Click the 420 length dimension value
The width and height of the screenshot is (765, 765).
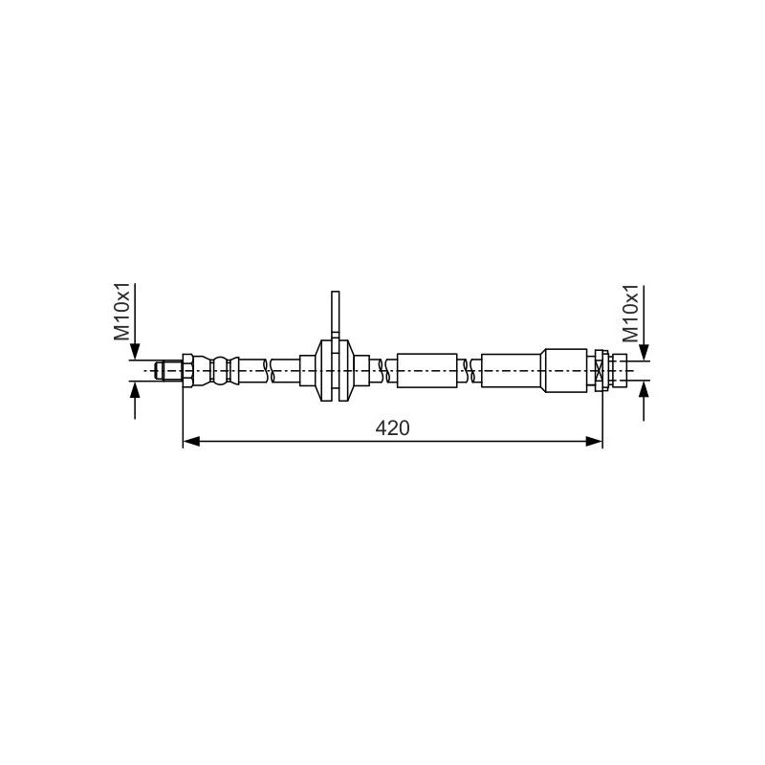392,427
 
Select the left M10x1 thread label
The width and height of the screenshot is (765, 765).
122,312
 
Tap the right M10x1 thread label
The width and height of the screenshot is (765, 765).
630,314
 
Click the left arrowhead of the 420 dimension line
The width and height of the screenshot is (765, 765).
191,442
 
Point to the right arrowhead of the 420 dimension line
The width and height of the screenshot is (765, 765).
594,442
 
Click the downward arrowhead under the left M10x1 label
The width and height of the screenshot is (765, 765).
135,352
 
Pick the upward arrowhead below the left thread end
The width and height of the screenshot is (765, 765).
135,390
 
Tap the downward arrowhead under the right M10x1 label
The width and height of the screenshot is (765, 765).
644,352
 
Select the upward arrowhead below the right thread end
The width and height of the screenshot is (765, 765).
644,389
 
